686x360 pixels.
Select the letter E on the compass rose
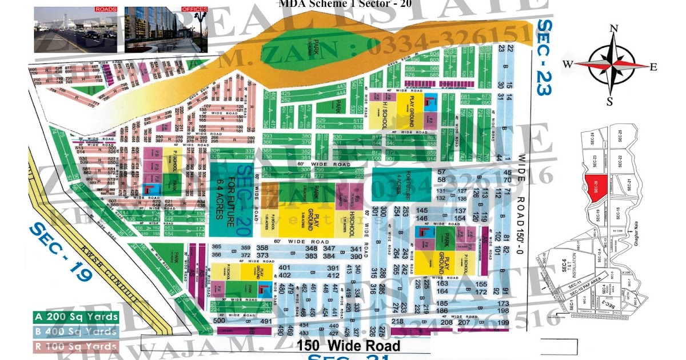pyautogui.click(x=653, y=66)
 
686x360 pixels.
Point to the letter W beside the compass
pyautogui.click(x=569, y=65)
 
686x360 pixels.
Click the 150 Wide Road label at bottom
pyautogui.click(x=348, y=345)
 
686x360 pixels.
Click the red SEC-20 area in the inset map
pyautogui.click(x=594, y=189)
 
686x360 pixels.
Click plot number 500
pyautogui.click(x=218, y=321)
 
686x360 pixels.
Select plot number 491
pyautogui.click(x=265, y=321)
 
